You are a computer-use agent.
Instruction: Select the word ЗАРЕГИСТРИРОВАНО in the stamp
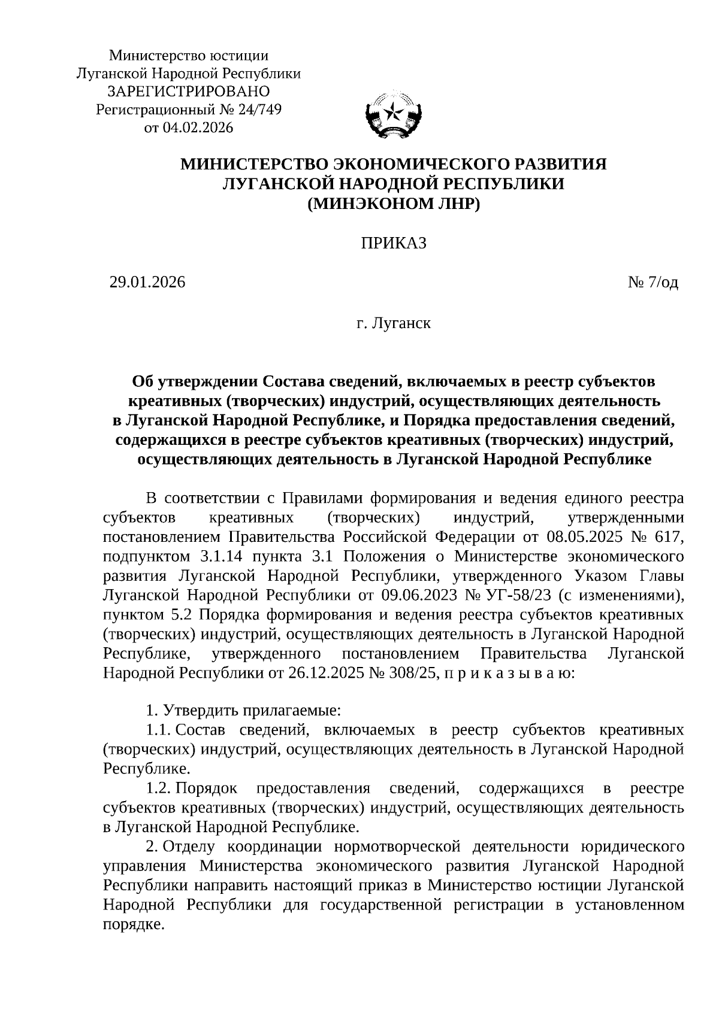pyautogui.click(x=188, y=92)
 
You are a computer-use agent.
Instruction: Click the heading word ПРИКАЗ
pyautogui.click(x=393, y=243)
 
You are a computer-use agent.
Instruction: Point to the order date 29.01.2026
pyautogui.click(x=147, y=282)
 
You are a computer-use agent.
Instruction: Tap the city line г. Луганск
pyautogui.click(x=393, y=324)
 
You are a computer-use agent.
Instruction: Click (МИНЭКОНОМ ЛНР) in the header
pyautogui.click(x=393, y=204)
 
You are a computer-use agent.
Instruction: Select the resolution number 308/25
pyautogui.click(x=416, y=673)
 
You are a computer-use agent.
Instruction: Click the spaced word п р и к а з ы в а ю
pyautogui.click(x=507, y=673)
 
